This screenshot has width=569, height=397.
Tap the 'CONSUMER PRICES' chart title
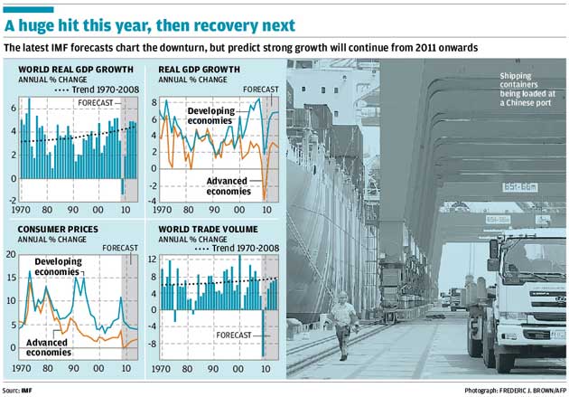45,230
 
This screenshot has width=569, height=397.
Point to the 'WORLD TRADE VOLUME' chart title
209,230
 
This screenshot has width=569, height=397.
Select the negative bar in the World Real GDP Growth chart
123,187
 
